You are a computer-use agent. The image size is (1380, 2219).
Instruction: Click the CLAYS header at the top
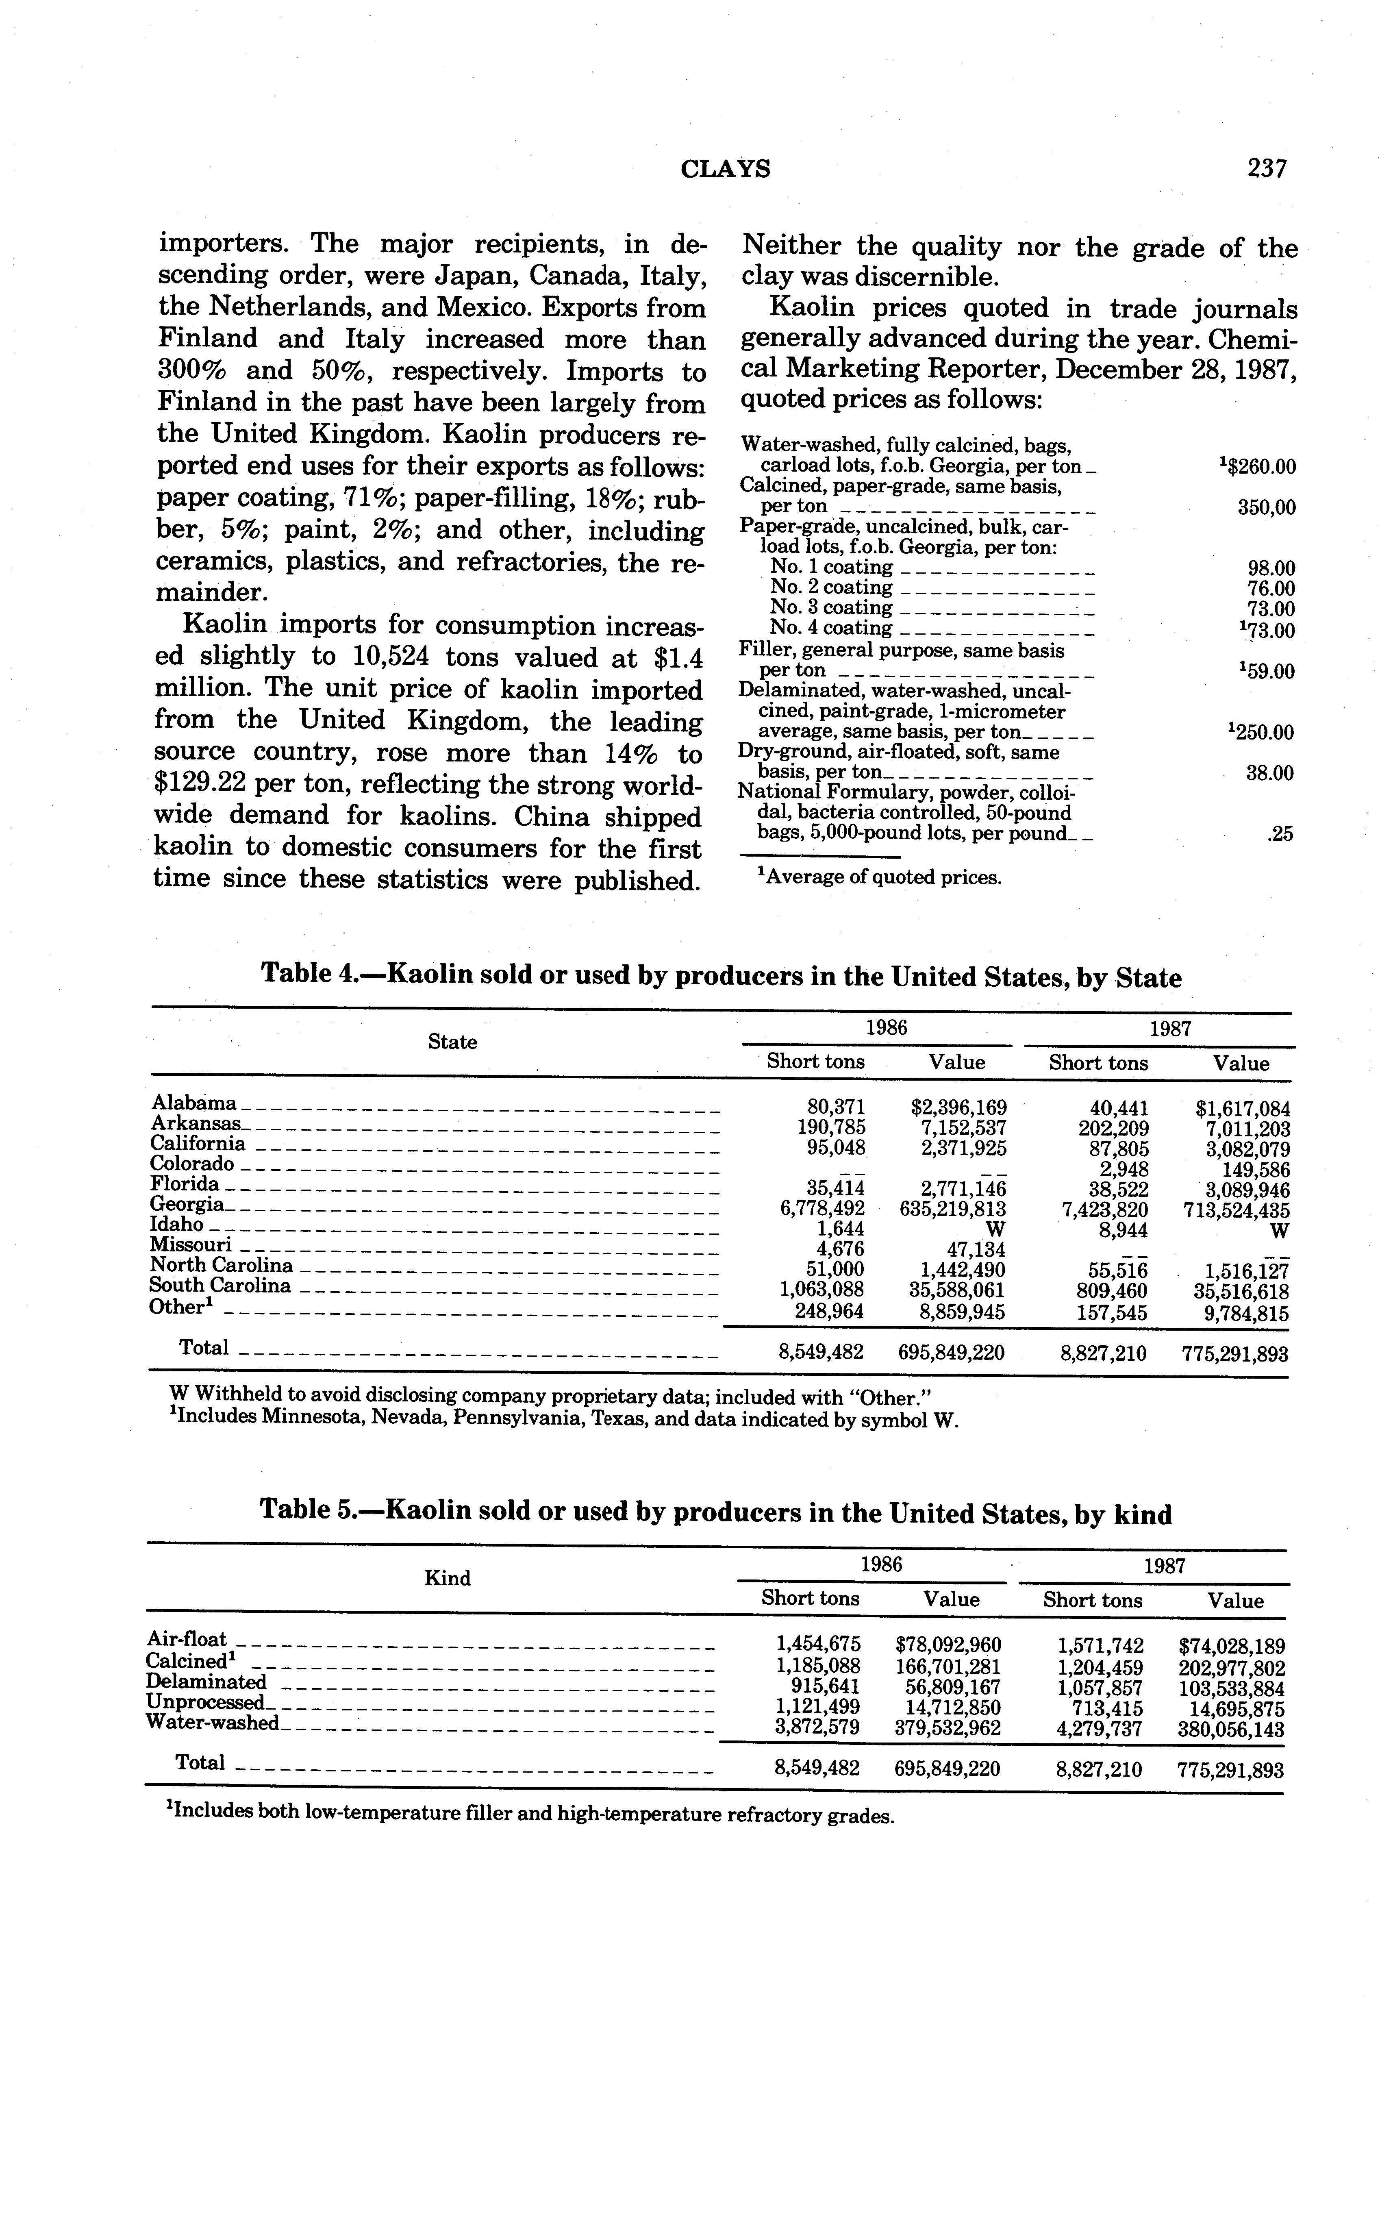(x=726, y=169)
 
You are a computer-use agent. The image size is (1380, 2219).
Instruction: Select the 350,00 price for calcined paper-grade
(x=1266, y=507)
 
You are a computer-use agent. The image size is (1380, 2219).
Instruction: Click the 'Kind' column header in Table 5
(x=447, y=1578)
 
